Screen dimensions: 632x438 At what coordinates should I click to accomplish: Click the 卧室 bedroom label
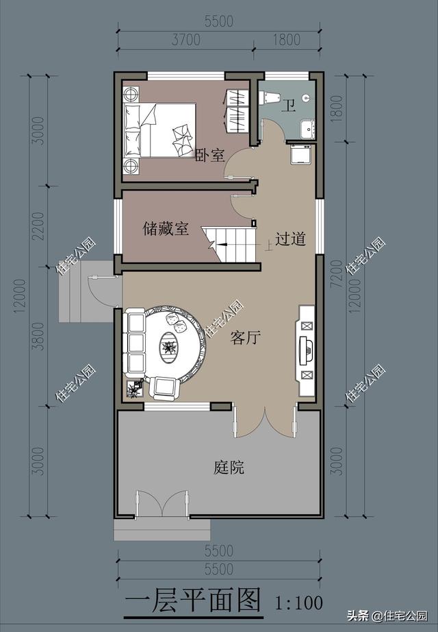(x=209, y=156)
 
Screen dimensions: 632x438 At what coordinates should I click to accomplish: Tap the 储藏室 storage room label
(x=166, y=229)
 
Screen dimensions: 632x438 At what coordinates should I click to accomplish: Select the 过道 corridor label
(x=290, y=239)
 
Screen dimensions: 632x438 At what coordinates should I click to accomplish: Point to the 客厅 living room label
(x=244, y=337)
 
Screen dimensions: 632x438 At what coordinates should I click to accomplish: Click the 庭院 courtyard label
(x=229, y=468)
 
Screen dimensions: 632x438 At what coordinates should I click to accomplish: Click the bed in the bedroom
(x=159, y=127)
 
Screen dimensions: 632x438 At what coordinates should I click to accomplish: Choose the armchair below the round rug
(x=164, y=388)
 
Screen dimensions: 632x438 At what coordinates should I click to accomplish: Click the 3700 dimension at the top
(x=185, y=40)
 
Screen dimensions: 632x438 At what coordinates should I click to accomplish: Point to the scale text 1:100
(x=298, y=604)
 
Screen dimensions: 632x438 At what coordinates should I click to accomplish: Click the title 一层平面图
(x=194, y=601)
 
